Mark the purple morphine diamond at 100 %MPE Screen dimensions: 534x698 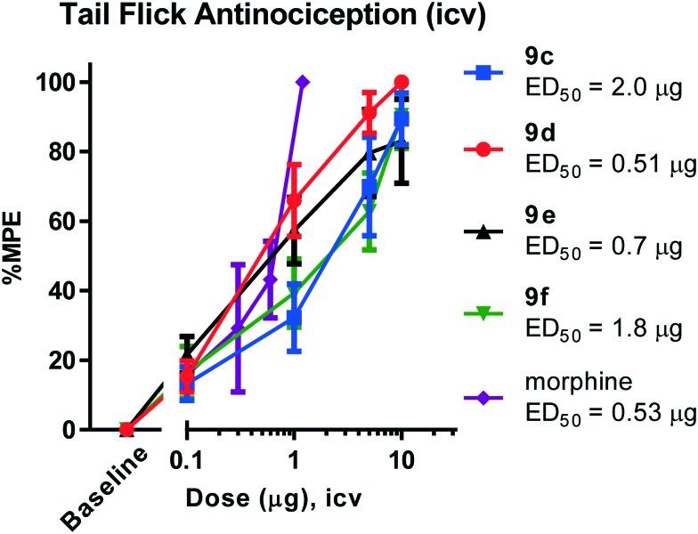(x=303, y=82)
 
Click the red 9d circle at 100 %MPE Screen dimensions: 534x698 (x=401, y=82)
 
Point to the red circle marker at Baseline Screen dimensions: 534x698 (x=126, y=430)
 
